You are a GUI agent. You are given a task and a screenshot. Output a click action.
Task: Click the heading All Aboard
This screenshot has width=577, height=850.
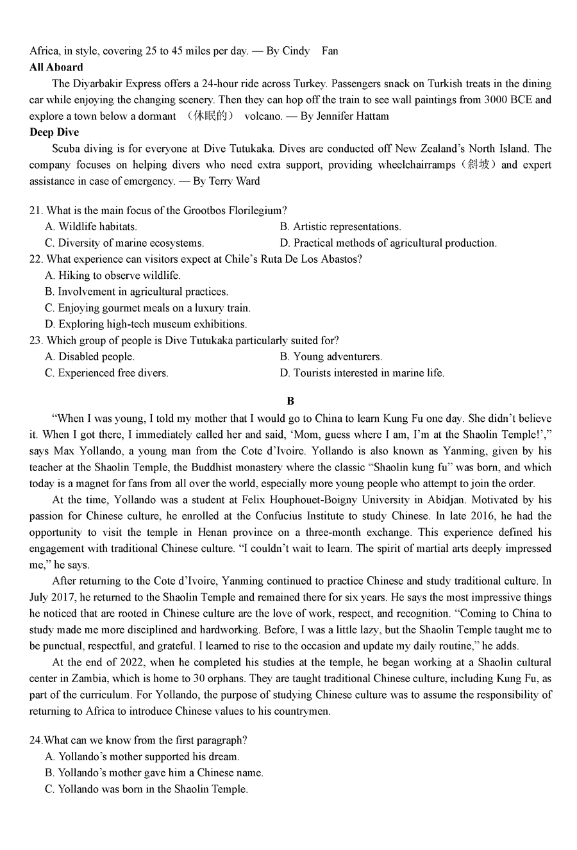(56, 67)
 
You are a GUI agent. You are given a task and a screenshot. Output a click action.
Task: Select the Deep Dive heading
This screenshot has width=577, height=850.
(54, 132)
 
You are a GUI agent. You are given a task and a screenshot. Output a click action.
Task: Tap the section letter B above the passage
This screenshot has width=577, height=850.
(290, 401)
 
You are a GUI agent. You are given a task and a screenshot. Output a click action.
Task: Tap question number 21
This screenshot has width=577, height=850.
(36, 210)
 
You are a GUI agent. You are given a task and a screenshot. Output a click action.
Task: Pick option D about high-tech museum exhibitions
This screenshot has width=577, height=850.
(146, 324)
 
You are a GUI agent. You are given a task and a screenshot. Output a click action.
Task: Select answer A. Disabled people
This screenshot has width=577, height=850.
(90, 356)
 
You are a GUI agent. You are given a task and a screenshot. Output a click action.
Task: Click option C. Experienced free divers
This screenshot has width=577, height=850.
(106, 372)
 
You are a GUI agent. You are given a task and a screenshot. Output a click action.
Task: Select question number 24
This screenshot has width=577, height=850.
(36, 740)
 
